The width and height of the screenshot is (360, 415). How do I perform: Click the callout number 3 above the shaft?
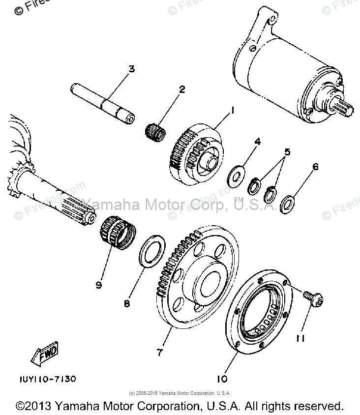pos(131,69)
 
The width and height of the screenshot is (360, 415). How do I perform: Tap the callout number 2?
pos(168,89)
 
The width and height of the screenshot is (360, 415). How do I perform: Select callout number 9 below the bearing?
pos(99,285)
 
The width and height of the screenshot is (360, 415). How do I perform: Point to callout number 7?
pos(159,352)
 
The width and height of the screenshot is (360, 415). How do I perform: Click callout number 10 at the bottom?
pos(221,379)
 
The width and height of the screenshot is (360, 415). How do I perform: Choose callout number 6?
pos(315,167)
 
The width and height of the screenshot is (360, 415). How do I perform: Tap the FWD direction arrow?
pos(45,355)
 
